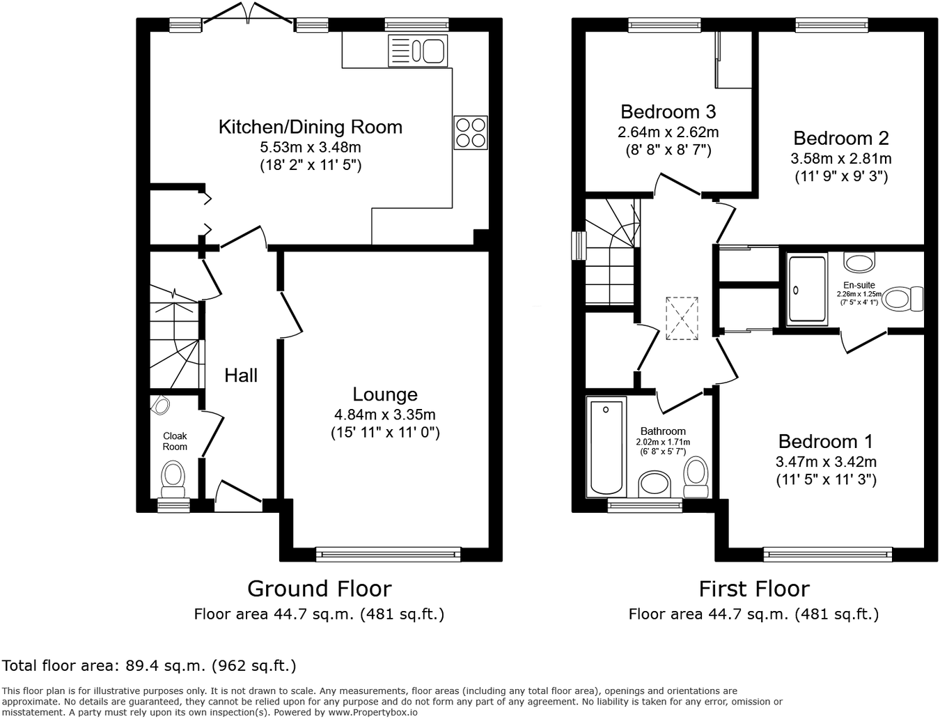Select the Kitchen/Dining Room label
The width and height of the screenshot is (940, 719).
pos(310,127)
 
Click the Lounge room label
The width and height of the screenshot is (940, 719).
pos(384,394)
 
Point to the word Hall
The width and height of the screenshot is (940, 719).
pos(241,376)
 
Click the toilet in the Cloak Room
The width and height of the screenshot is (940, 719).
pos(173,478)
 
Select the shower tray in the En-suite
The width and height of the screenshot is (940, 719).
pos(807,288)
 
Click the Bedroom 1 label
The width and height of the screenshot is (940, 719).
pos(825,442)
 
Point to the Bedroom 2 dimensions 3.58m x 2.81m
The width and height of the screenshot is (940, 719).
pos(840,158)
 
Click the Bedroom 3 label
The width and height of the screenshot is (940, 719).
pos(668,111)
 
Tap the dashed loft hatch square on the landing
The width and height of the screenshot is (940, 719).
pos(682,318)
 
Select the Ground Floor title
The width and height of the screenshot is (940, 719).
pos(320,589)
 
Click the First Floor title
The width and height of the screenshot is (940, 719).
pos(754,589)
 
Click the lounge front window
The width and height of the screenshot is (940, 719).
pos(388,554)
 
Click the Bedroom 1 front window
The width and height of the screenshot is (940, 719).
pos(827,554)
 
